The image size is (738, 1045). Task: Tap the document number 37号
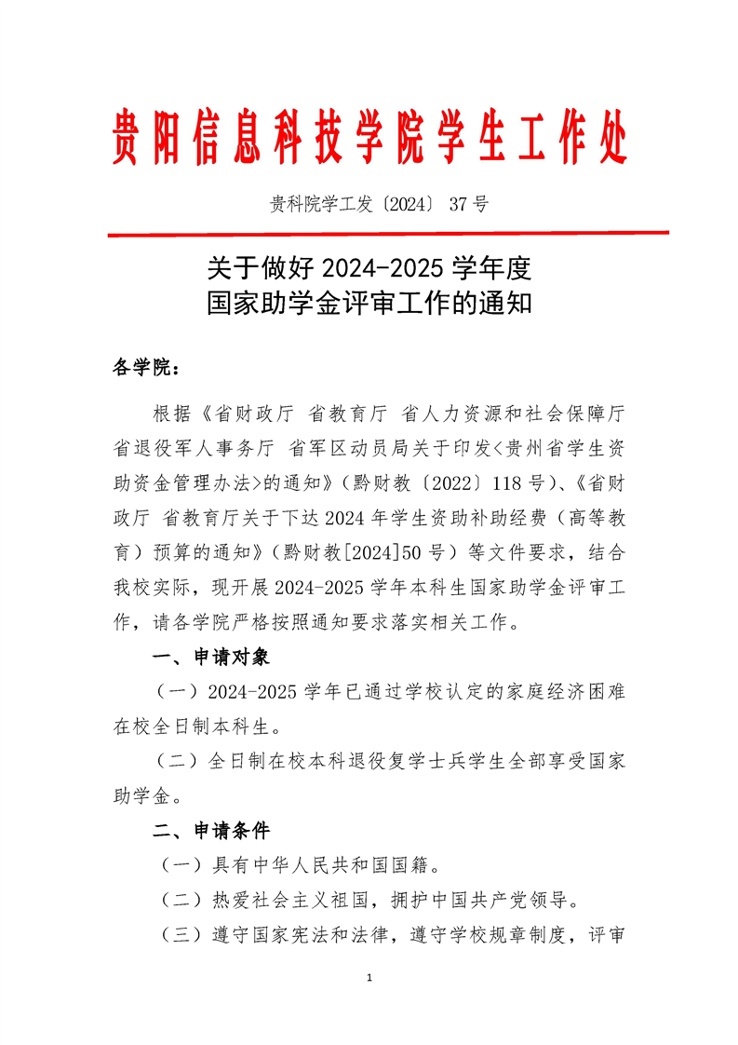tap(468, 205)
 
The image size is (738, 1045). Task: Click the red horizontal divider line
tap(387, 234)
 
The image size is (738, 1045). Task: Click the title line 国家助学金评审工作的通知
tap(369, 305)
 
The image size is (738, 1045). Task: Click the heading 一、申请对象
tap(210, 658)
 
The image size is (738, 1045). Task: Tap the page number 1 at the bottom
tap(369, 978)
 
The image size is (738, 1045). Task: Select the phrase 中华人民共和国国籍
tap(313, 865)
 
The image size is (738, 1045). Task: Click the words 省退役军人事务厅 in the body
tap(194, 448)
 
